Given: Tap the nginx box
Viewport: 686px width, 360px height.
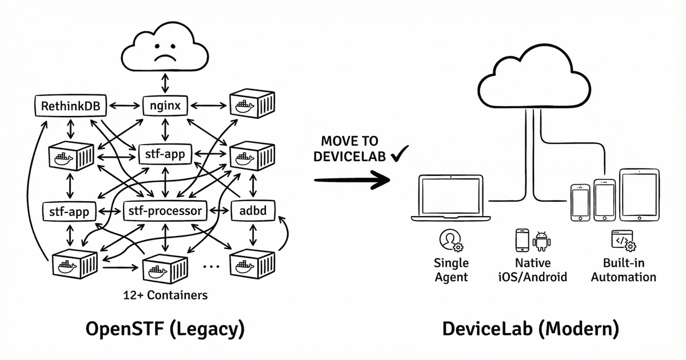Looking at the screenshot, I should click(x=165, y=106).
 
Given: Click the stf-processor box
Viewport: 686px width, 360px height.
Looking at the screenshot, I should click(x=163, y=211).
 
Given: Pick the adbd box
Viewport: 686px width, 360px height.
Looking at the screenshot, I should click(x=252, y=211).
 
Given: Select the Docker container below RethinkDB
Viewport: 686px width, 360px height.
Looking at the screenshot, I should click(x=71, y=155).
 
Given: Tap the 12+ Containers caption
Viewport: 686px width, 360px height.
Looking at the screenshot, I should click(x=165, y=295).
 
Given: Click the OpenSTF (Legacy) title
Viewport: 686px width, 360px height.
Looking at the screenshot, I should click(x=165, y=330).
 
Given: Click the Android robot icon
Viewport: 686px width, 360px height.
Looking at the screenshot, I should click(x=541, y=241).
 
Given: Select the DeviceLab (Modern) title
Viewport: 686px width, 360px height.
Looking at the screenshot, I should click(x=530, y=330).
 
